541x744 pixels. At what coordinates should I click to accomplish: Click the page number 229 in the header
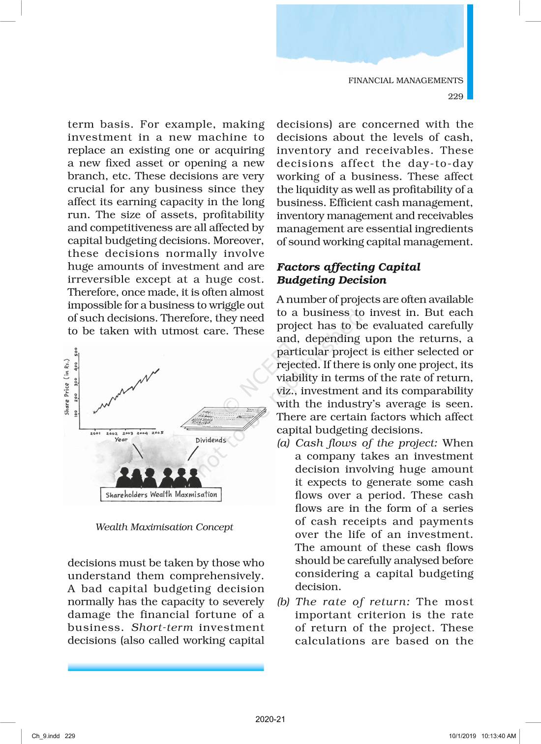[x=455, y=96]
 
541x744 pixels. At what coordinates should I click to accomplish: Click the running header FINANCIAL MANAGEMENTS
[x=405, y=81]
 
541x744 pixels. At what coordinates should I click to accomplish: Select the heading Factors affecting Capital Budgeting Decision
[x=348, y=274]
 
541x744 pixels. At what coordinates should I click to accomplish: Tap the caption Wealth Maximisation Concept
[x=164, y=527]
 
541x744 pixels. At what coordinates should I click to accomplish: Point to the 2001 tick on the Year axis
[x=95, y=434]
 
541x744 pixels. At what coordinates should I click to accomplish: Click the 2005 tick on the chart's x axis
[x=157, y=433]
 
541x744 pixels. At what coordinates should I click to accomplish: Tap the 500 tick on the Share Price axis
[x=76, y=352]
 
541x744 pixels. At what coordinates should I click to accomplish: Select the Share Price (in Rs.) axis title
[x=67, y=386]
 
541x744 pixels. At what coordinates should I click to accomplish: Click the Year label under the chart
[x=121, y=440]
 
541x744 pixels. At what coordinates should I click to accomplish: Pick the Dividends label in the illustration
[x=210, y=440]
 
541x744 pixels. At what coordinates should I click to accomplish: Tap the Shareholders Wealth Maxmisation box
[x=161, y=495]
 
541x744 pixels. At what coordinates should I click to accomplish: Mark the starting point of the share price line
[x=94, y=412]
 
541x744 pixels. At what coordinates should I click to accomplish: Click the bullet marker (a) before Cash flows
[x=283, y=443]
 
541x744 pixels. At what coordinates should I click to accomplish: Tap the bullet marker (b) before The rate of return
[x=283, y=602]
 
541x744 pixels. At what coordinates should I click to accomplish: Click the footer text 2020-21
[x=270, y=719]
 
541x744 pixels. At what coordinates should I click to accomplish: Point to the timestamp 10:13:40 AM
[x=499, y=736]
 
